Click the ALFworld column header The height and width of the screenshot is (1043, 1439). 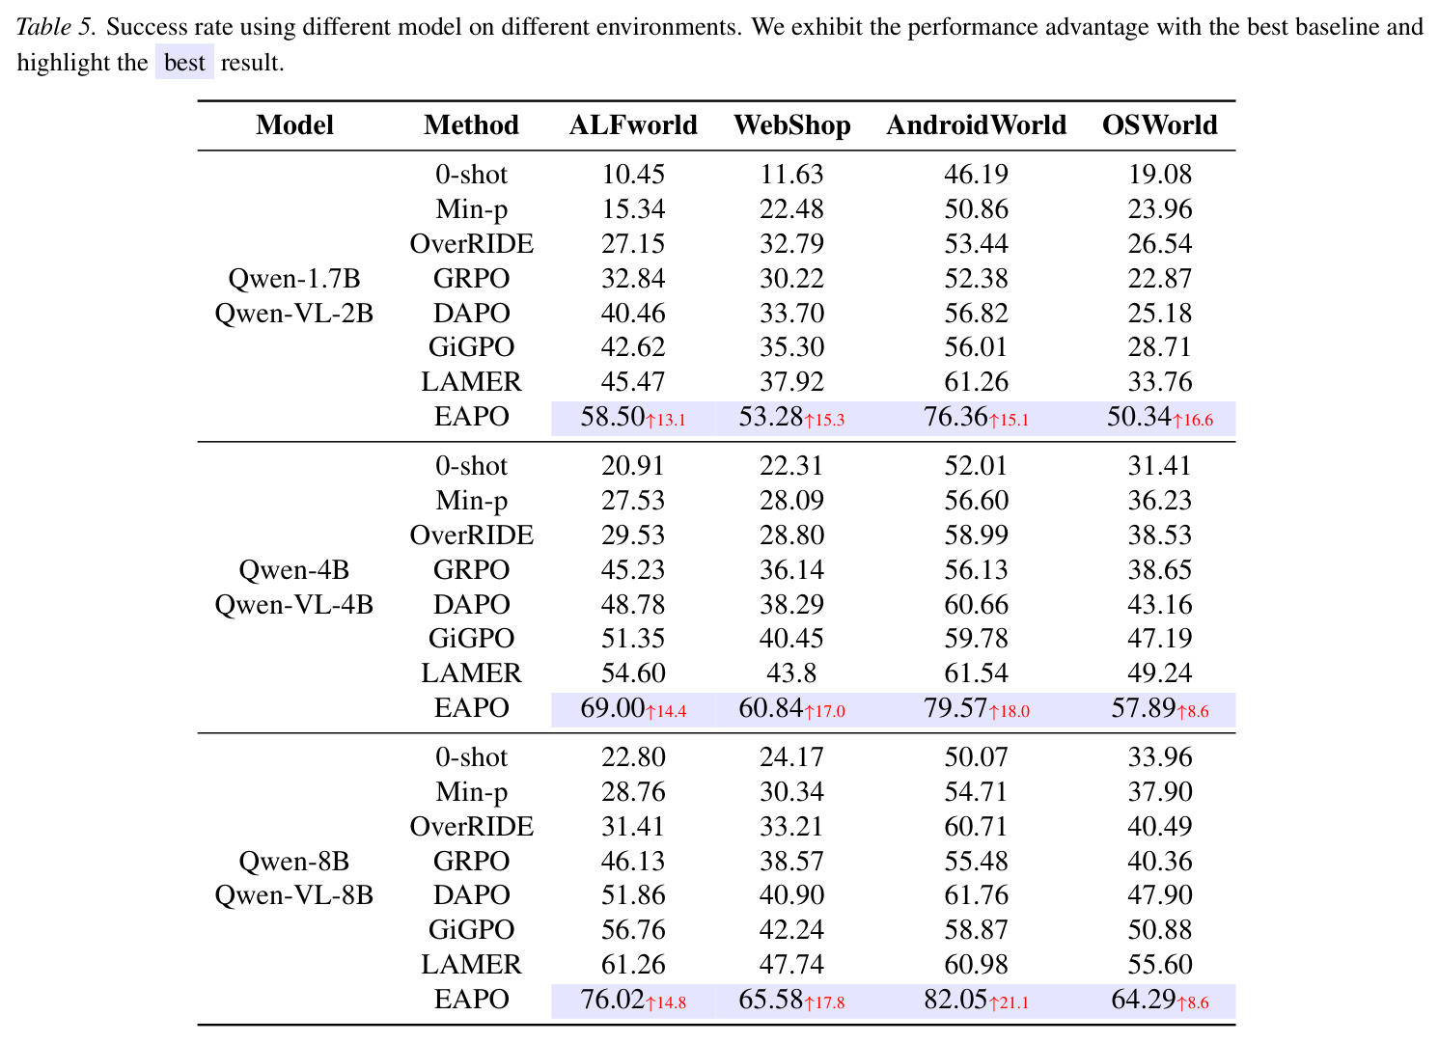[633, 125]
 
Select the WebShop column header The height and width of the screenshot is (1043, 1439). [791, 125]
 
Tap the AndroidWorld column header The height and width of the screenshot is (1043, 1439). [976, 125]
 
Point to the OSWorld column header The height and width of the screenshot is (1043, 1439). [1159, 125]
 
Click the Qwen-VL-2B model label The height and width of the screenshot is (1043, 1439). [293, 314]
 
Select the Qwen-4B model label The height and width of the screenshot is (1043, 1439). [293, 570]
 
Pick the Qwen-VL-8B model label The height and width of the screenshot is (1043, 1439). [293, 895]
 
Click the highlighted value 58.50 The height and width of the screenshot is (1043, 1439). [612, 417]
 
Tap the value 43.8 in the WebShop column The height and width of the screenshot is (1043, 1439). [791, 673]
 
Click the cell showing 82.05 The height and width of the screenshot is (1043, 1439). [955, 1000]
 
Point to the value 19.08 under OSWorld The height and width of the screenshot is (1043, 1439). [1159, 175]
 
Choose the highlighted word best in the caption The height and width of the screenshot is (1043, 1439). [184, 63]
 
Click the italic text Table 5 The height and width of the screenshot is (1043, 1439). [57, 27]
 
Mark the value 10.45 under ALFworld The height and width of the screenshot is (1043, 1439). [633, 175]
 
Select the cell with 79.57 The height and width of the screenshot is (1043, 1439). [955, 708]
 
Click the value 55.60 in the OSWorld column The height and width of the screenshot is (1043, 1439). [1159, 965]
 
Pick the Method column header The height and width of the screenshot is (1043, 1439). [471, 125]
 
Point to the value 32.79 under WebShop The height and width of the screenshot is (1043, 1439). [791, 244]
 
